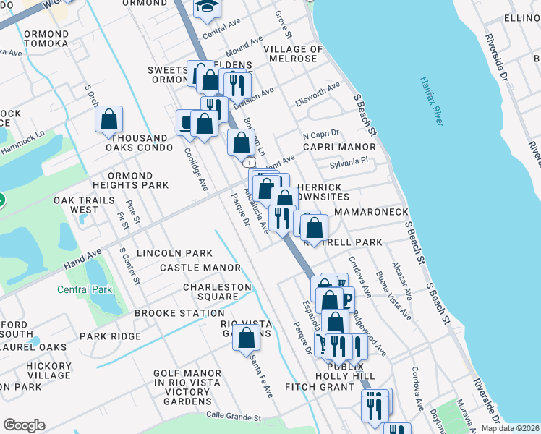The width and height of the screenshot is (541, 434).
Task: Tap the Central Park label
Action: click(x=85, y=290)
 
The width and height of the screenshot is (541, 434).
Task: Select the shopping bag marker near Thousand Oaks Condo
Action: click(x=108, y=119)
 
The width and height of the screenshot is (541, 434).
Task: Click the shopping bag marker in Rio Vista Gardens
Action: click(x=246, y=336)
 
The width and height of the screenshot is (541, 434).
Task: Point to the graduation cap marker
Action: click(x=208, y=7)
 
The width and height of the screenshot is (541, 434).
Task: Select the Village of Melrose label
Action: click(x=295, y=59)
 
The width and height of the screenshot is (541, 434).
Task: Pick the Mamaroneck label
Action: click(x=371, y=212)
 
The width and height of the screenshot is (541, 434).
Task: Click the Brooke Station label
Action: click(x=179, y=313)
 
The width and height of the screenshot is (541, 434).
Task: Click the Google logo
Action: click(x=24, y=425)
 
